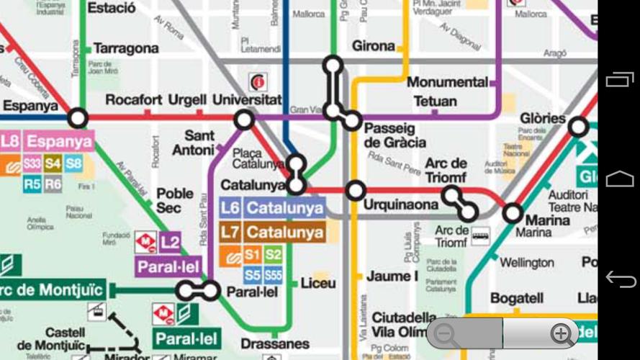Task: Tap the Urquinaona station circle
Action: click(355, 191)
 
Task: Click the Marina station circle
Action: click(513, 212)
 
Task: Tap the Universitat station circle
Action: click(244, 120)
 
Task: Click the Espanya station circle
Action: click(77, 117)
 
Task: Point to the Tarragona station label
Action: click(126, 49)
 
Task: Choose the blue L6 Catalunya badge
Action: click(272, 209)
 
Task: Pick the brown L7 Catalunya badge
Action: click(272, 233)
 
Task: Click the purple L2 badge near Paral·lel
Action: click(170, 243)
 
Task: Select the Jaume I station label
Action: click(392, 276)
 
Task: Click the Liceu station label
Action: click(317, 282)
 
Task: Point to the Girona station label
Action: click(374, 46)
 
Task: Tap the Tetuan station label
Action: click(435, 101)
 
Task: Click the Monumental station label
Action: click(447, 82)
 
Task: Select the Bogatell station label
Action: click(516, 297)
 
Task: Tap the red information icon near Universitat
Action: click(256, 81)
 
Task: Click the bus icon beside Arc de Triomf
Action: click(480, 235)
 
